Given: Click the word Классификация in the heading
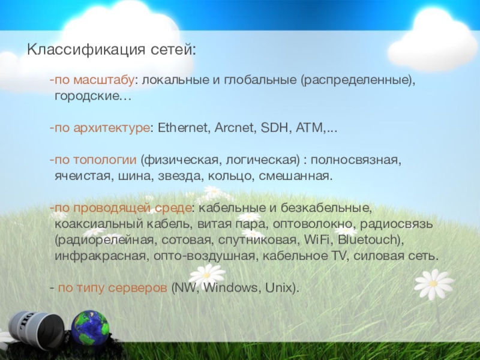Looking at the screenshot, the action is [x=86, y=50].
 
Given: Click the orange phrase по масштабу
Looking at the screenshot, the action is [x=95, y=80].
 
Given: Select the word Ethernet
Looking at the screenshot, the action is [x=182, y=128].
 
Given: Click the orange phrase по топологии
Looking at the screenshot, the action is [x=95, y=160].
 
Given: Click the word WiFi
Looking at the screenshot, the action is [x=319, y=239].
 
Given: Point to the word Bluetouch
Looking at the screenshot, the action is [x=367, y=239].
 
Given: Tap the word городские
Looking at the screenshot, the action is [x=86, y=97].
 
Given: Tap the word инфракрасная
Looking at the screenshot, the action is [x=100, y=256].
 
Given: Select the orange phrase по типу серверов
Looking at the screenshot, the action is [x=113, y=288].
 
